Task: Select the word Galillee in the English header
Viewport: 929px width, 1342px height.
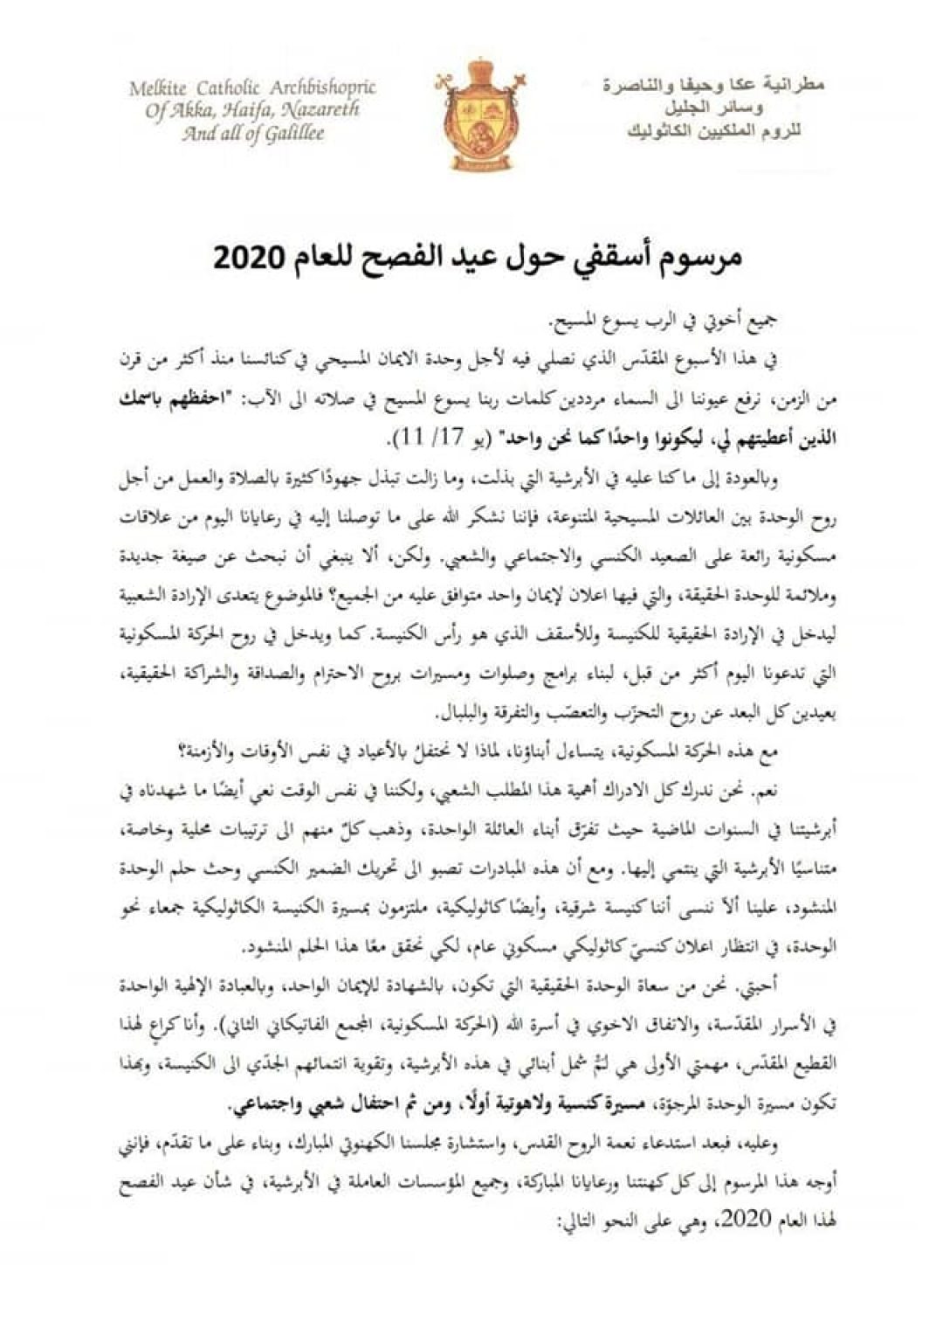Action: click(289, 134)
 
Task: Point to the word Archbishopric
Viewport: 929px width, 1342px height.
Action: click(323, 88)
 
